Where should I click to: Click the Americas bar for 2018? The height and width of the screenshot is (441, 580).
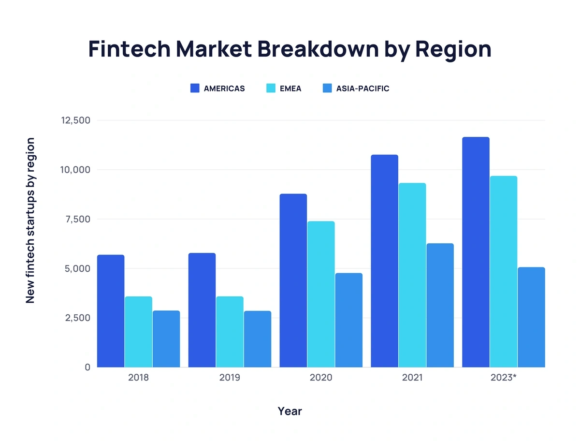pyautogui.click(x=111, y=311)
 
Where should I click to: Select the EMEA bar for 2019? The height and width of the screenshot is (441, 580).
pyautogui.click(x=230, y=332)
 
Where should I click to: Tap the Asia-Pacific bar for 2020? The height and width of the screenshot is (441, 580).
pyautogui.click(x=349, y=320)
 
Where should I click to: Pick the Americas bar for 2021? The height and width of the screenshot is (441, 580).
pyautogui.click(x=384, y=261)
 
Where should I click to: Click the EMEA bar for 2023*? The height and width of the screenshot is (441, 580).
pyautogui.click(x=504, y=271)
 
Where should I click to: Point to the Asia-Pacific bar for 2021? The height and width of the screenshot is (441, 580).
pyautogui.click(x=440, y=305)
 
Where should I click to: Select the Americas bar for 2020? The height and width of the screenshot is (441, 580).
pyautogui.click(x=293, y=280)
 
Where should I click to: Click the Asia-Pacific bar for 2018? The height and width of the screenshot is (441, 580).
pyautogui.click(x=166, y=339)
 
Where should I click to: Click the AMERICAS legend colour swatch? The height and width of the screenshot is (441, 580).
pyautogui.click(x=195, y=88)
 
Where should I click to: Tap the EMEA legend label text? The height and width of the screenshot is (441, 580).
pyautogui.click(x=290, y=88)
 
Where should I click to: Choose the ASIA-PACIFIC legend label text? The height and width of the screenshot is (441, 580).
pyautogui.click(x=362, y=88)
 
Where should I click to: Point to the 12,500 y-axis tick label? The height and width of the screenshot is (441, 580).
pyautogui.click(x=76, y=120)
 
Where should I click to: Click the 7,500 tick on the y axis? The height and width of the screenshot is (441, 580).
pyautogui.click(x=78, y=220)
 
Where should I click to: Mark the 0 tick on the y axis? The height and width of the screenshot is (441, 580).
pyautogui.click(x=87, y=367)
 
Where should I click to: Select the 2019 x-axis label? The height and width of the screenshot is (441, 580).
pyautogui.click(x=230, y=378)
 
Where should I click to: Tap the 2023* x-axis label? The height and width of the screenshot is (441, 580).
pyautogui.click(x=503, y=378)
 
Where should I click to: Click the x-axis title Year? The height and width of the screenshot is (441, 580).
pyautogui.click(x=290, y=412)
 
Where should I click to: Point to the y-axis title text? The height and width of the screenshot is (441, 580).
pyautogui.click(x=30, y=220)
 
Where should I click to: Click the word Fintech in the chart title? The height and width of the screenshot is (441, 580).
pyautogui.click(x=129, y=49)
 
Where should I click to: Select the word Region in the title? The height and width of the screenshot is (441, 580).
pyautogui.click(x=453, y=50)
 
